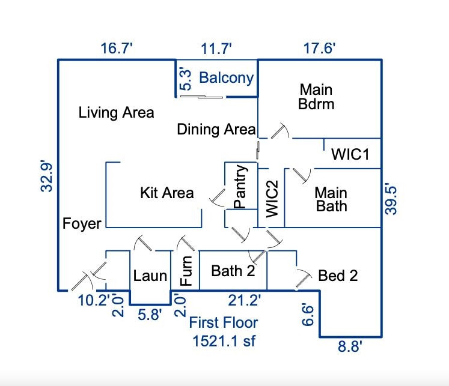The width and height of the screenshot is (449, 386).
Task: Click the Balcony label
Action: click(x=226, y=77)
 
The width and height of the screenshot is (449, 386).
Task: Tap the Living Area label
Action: click(x=116, y=112)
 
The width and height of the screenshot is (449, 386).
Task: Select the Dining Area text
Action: click(x=216, y=129)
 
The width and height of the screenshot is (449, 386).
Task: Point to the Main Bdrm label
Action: click(x=316, y=96)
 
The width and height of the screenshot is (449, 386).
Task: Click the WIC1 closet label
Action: click(x=350, y=154)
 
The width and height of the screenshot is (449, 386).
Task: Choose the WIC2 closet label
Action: click(x=272, y=198)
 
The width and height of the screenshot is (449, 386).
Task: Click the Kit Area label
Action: click(x=166, y=192)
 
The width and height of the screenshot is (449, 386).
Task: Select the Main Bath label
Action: click(x=331, y=200)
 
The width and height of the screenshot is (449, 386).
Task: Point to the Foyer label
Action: click(x=82, y=224)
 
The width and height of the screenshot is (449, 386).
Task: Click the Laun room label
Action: click(x=150, y=276)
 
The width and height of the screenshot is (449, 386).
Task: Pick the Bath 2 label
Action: click(x=233, y=271)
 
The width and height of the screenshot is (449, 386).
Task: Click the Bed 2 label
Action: click(x=338, y=276)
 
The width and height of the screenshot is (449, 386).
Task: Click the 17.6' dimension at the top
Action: click(x=319, y=49)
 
